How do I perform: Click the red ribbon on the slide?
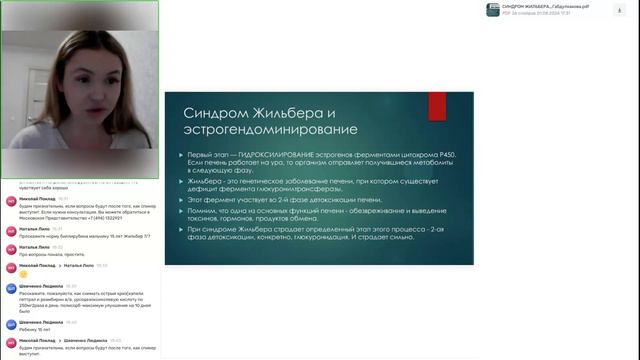coord(437,105)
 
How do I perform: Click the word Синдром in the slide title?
coord(212,113)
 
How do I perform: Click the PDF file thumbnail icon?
coord(493,9)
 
